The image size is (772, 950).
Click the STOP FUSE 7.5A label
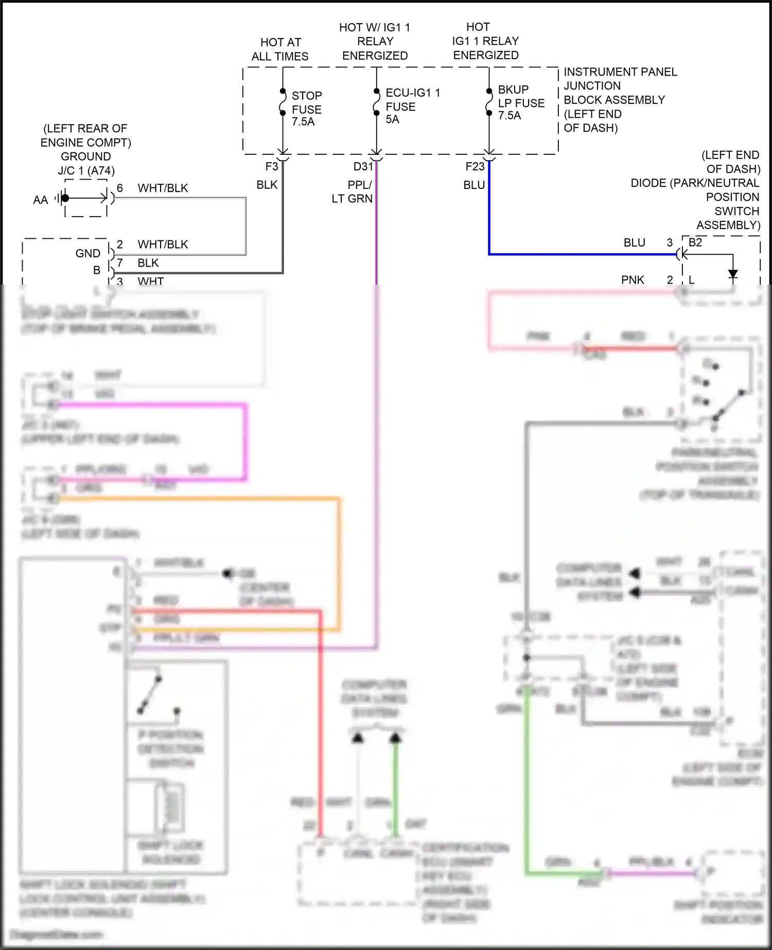306,109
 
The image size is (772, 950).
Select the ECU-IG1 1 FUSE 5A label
412,106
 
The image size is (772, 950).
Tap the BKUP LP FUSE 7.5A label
520,102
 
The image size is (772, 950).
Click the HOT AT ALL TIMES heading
280,49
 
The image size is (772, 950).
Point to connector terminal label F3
271,167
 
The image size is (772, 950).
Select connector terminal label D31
362,167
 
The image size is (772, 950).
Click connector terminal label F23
475,167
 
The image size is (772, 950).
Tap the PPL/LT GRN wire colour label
353,191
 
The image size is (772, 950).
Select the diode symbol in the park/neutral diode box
733,274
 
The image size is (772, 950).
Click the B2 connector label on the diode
695,242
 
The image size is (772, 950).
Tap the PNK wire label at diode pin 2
633,280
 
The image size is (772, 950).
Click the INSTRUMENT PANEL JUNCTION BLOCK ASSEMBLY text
620,99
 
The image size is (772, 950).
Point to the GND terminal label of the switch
87,253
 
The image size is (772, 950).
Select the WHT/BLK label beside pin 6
163,188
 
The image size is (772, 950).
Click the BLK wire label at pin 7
148,263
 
